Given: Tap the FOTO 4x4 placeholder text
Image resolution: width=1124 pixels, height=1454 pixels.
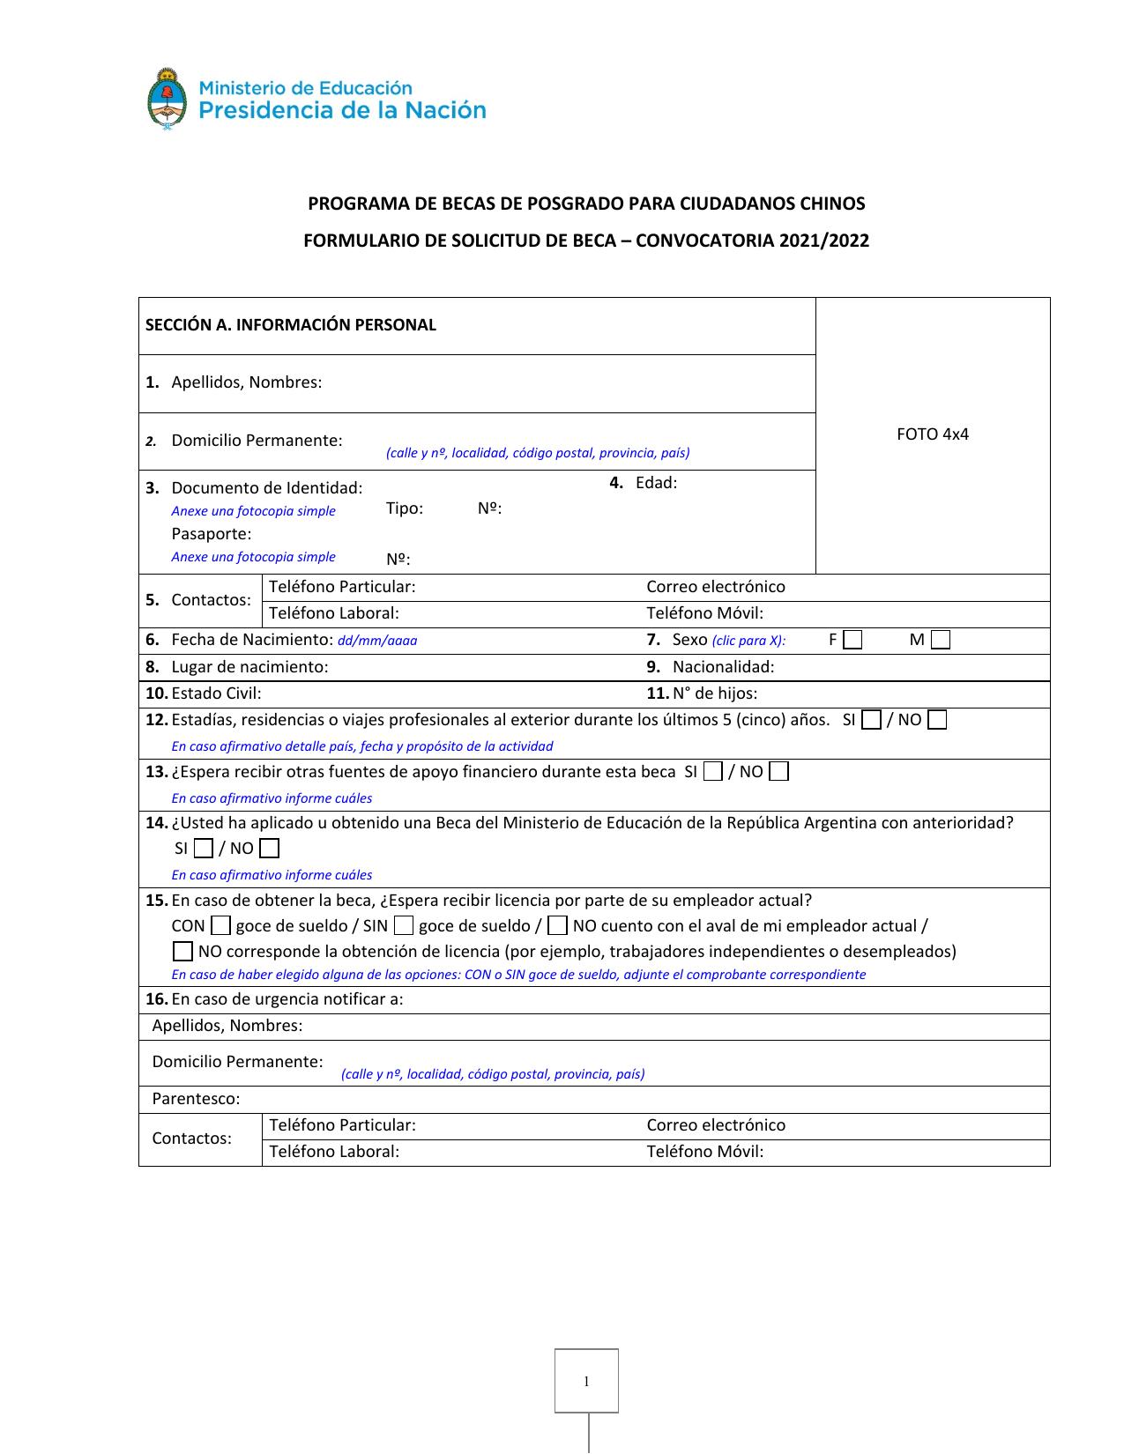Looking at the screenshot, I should [932, 434].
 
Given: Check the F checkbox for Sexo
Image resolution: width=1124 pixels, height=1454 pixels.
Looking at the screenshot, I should [852, 641].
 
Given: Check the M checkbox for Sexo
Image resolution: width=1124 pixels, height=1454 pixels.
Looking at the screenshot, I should [941, 641].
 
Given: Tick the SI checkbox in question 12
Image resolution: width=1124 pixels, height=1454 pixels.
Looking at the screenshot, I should [871, 721].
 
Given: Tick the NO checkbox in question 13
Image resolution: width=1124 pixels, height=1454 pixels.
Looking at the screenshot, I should [778, 773].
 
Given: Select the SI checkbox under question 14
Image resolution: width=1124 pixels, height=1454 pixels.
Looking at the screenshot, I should [203, 849].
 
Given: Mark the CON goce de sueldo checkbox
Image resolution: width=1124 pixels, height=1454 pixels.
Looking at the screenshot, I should [221, 926].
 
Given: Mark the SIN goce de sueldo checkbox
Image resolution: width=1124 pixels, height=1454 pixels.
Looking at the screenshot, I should [404, 926].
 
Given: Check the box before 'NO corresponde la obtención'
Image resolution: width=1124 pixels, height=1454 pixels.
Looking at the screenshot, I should [182, 952].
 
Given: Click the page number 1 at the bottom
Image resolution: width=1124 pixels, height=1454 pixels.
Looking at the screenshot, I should [586, 1381].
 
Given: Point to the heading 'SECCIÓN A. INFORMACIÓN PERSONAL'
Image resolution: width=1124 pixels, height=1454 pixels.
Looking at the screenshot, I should [291, 325].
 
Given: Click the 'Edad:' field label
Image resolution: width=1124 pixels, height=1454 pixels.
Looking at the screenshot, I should [656, 483].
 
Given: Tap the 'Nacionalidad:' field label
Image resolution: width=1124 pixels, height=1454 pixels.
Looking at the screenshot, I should [723, 667].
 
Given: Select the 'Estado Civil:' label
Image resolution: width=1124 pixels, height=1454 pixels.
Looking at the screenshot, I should [216, 694].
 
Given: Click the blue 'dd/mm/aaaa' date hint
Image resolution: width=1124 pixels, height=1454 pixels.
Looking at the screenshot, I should [377, 642].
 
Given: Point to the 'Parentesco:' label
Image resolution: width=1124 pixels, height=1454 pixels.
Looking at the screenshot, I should [196, 1099].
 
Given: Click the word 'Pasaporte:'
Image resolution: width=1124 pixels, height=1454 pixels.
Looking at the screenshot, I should [212, 534].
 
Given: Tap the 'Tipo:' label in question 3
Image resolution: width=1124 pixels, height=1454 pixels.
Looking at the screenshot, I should [405, 508].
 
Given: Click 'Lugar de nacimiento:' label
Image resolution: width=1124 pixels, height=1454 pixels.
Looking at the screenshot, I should [249, 667].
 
